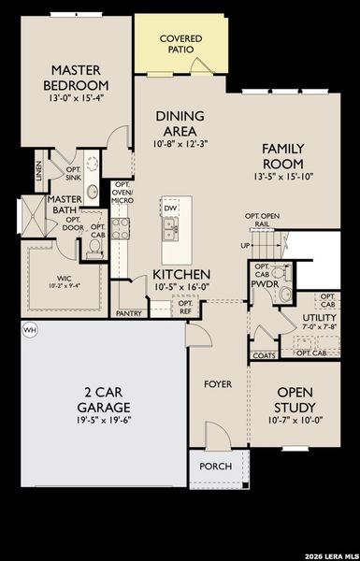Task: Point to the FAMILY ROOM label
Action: pyautogui.click(x=285, y=155)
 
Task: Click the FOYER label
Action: pyautogui.click(x=219, y=384)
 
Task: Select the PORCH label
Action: pyautogui.click(x=216, y=466)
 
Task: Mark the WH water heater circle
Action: pyautogui.click(x=29, y=330)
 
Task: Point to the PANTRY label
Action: pyautogui.click(x=129, y=313)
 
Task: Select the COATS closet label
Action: pyautogui.click(x=264, y=354)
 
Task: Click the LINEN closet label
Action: pyautogui.click(x=38, y=169)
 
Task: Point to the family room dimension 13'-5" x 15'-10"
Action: pyautogui.click(x=285, y=176)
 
